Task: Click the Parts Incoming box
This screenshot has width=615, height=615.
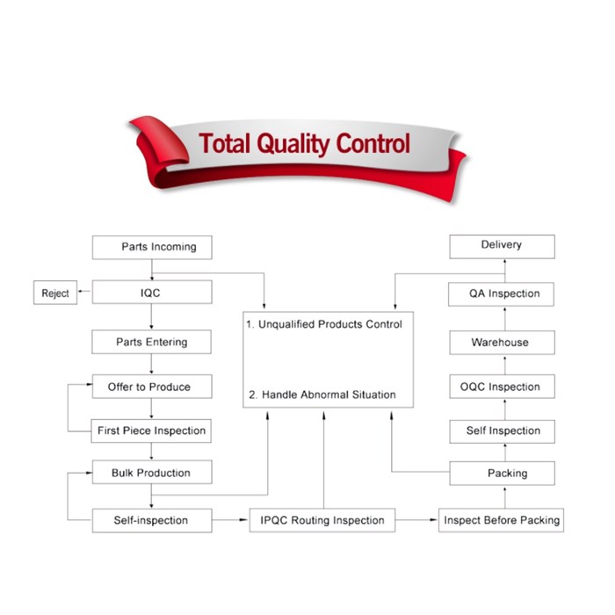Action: coord(152,247)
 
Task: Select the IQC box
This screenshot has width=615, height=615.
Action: coord(152,293)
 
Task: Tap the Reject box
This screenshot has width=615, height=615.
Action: coord(54,293)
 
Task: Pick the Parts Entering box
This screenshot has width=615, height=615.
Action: coord(152,342)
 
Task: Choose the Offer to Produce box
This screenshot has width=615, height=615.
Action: coord(152,387)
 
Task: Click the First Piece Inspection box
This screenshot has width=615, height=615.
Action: coord(152,431)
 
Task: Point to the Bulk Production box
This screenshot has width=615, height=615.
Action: coord(152,474)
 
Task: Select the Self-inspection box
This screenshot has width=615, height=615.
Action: coord(152,520)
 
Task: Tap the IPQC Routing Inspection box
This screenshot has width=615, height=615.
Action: coord(322,520)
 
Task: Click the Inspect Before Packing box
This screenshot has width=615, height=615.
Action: coord(501,520)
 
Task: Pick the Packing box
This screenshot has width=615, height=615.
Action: coord(503,474)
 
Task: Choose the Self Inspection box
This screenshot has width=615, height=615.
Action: coord(503,431)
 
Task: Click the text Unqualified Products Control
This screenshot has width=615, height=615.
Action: coord(324,324)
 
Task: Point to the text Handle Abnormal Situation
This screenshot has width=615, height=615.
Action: coord(322,394)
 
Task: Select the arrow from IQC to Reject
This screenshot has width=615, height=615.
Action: coord(84,293)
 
